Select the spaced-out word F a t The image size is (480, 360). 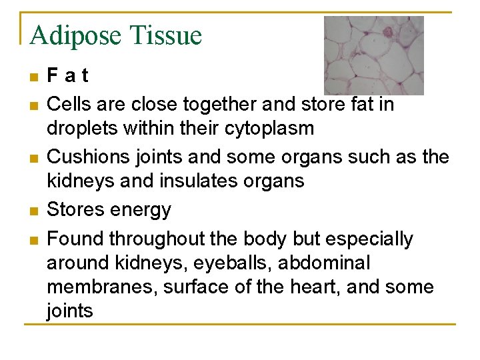(67, 76)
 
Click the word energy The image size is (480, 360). (139, 211)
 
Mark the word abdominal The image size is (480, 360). (324, 263)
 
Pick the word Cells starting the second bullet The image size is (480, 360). (68, 105)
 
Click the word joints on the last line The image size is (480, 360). (69, 311)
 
